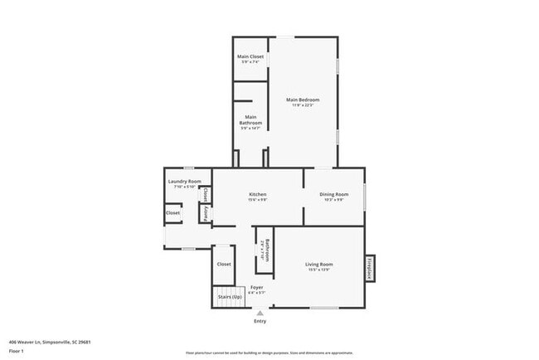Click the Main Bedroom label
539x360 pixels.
[x=303, y=100]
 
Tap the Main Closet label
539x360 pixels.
[x=250, y=56]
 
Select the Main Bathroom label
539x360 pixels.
[x=250, y=120]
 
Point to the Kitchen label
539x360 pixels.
[x=257, y=194]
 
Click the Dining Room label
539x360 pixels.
[x=334, y=194]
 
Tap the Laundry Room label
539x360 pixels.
[x=184, y=181]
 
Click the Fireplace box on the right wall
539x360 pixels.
[x=369, y=269]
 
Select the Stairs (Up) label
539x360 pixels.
[x=230, y=296]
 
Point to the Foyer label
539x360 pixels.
[x=257, y=287]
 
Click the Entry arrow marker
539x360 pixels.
[x=260, y=314]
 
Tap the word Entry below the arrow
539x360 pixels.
[x=260, y=322]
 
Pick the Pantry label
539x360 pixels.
[x=206, y=213]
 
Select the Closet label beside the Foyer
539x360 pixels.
[x=224, y=264]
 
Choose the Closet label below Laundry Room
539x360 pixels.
[x=172, y=212]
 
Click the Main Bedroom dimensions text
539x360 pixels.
[x=303, y=105]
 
